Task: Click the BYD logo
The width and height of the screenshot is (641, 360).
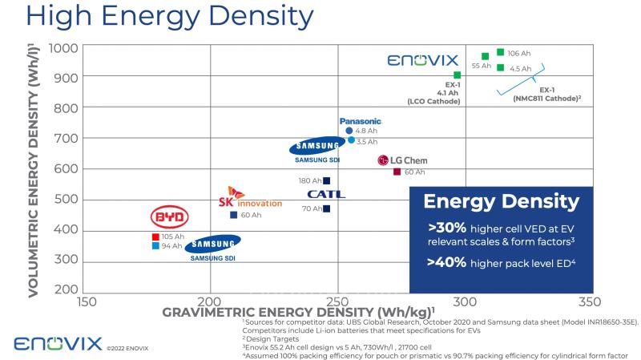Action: [169, 217]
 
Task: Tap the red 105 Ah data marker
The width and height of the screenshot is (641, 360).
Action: [156, 237]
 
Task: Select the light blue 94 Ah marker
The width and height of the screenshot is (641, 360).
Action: [156, 246]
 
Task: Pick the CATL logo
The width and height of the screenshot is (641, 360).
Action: [326, 194]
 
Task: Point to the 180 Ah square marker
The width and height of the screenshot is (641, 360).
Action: [326, 180]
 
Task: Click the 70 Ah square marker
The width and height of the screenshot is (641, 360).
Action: [326, 208]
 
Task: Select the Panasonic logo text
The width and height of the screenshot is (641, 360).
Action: [360, 121]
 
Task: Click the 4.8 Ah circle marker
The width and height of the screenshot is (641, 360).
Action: [349, 131]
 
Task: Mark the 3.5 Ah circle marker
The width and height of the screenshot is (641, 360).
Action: [351, 140]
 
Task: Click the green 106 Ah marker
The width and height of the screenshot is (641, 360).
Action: [501, 53]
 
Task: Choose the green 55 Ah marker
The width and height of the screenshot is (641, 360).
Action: [486, 57]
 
